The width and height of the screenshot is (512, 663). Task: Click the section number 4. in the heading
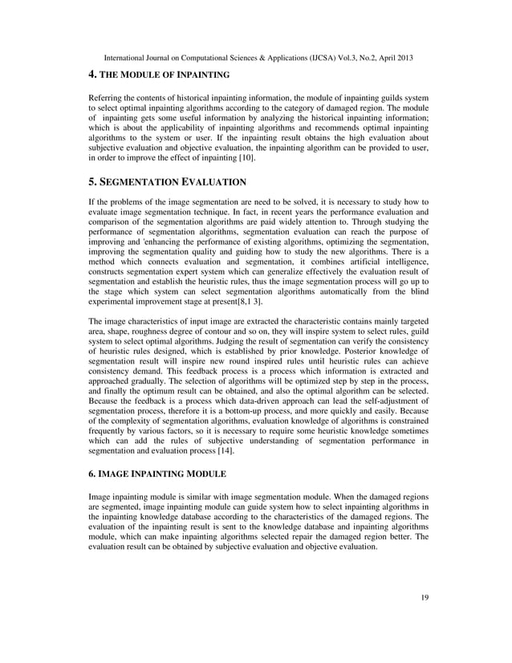(x=92, y=75)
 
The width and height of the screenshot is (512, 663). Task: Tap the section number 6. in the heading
(x=92, y=476)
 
